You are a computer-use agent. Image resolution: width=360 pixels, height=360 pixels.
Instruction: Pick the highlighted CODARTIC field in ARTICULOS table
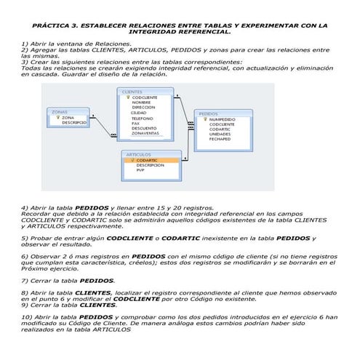point(146,160)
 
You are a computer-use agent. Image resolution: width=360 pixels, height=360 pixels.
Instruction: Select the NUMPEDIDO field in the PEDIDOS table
point(222,119)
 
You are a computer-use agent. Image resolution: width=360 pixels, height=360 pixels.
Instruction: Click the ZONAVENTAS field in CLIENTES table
point(145,133)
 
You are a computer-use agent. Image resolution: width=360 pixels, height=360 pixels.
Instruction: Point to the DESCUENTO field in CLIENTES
point(143,128)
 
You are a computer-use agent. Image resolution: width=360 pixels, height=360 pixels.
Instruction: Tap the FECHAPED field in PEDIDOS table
point(220,139)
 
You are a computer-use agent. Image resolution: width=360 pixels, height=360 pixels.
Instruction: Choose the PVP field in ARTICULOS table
point(140,170)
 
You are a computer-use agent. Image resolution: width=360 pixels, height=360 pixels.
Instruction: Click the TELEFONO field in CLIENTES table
point(143,118)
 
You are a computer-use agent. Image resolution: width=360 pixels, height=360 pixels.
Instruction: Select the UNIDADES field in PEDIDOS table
point(220,134)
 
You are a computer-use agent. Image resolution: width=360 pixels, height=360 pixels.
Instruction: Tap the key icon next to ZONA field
point(57,117)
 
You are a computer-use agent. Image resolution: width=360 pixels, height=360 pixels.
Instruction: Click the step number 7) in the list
point(25,280)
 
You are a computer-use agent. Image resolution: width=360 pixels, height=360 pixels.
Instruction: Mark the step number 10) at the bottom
point(27,317)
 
